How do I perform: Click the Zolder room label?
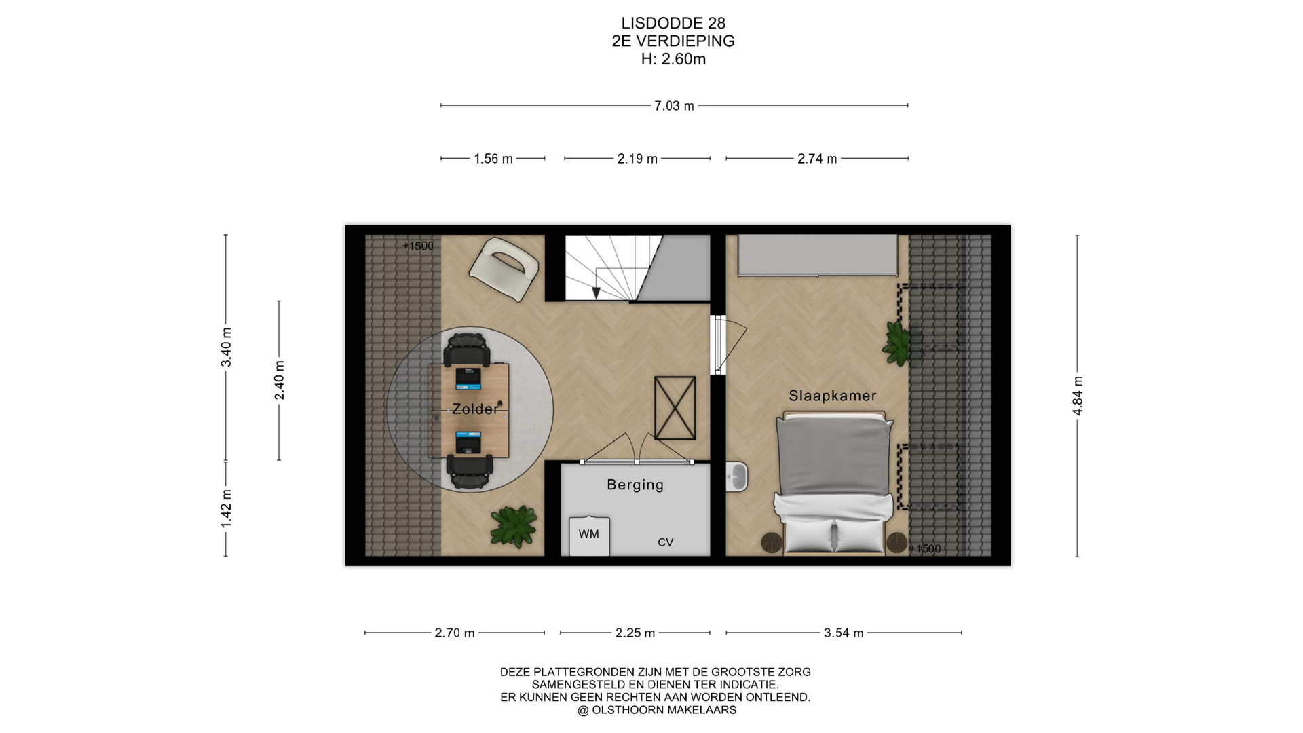pos(475,409)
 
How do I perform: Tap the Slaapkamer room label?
pos(832,396)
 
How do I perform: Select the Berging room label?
pos(635,485)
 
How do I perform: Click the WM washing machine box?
pos(589,536)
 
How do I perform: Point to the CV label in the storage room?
pos(665,542)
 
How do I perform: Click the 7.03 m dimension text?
pos(674,106)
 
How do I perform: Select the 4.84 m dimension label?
pos(1078,396)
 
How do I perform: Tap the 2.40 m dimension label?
pos(279,380)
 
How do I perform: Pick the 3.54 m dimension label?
pos(844,633)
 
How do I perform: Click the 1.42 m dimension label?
pos(226,508)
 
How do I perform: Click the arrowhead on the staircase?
pos(596,293)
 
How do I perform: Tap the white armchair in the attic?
pos(504,269)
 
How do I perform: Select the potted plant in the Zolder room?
pos(514,526)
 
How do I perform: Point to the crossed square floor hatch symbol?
pos(675,408)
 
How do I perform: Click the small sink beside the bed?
pos(736,476)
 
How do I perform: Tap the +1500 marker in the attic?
pos(417,246)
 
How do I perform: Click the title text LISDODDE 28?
pos(673,24)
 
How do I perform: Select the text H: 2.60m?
pos(673,60)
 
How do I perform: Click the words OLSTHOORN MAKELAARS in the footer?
pos(664,710)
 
